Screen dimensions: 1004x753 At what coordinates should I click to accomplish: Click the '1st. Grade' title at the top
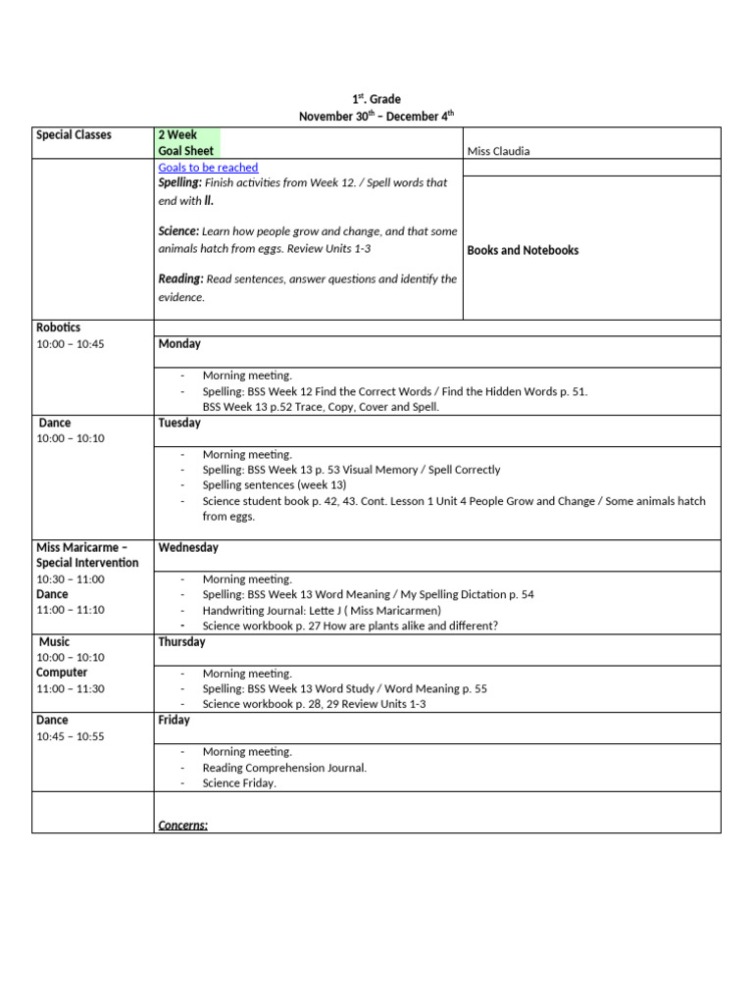[x=376, y=99]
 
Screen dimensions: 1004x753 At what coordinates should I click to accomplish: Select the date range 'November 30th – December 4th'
[x=376, y=116]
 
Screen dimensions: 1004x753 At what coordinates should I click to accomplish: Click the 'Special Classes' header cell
[x=74, y=135]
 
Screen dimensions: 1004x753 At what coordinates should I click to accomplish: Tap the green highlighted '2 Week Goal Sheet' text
[x=186, y=143]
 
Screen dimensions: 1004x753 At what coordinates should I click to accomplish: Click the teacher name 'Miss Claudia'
[x=499, y=151]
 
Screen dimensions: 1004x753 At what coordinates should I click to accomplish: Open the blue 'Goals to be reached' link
[x=208, y=168]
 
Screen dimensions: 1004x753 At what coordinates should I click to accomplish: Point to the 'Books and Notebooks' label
[x=523, y=250]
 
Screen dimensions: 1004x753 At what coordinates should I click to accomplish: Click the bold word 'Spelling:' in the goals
[x=180, y=183]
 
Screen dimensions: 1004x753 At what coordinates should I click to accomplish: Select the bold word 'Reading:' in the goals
[x=181, y=279]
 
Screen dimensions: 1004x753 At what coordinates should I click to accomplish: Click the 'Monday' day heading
[x=179, y=344]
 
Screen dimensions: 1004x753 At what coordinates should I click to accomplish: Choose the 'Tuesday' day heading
[x=179, y=424]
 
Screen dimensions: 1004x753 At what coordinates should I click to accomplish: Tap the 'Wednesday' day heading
[x=188, y=548]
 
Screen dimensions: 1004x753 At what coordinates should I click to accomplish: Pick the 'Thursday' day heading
[x=181, y=642]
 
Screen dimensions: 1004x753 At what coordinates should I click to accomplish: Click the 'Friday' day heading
[x=174, y=721]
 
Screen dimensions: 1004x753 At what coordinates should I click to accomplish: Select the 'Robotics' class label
[x=59, y=327]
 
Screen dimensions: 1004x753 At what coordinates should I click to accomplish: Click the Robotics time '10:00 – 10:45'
[x=70, y=344]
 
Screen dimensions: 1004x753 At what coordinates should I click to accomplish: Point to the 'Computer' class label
[x=62, y=673]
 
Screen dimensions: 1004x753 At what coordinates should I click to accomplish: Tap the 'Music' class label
[x=55, y=642]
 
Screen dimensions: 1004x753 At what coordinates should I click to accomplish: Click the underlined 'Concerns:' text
[x=182, y=826]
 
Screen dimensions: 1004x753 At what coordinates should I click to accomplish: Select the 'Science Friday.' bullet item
[x=239, y=783]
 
